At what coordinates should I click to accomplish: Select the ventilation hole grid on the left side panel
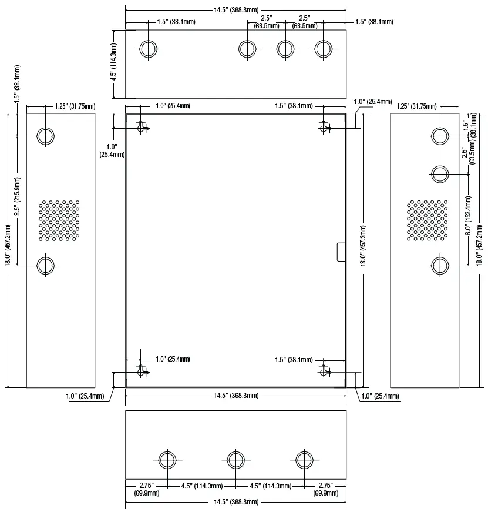pos(59,221)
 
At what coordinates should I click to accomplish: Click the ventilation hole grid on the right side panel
pos(428,221)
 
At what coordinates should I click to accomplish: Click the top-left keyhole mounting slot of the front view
pos(142,127)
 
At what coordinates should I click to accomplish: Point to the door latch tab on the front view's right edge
pos(341,252)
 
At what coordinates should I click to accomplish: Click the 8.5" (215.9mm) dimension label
pos(17,196)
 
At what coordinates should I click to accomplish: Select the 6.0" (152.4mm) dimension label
pos(469,216)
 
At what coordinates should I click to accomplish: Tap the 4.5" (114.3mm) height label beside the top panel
pos(113,62)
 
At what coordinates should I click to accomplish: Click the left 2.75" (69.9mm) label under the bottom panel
pos(147,489)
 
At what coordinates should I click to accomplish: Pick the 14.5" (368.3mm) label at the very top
pos(236,10)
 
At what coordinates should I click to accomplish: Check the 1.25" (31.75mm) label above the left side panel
pos(75,106)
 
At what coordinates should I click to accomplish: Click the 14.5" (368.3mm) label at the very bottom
pos(236,502)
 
